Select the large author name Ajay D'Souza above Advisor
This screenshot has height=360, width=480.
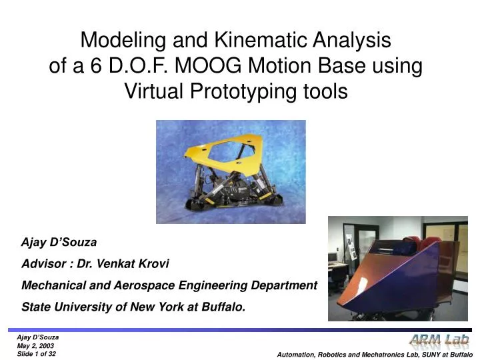click(59, 243)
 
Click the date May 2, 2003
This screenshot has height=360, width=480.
click(35, 345)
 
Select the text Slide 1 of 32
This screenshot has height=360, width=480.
click(37, 353)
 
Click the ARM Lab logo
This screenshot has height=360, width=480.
click(439, 341)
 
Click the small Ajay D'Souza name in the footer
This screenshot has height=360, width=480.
click(37, 337)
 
